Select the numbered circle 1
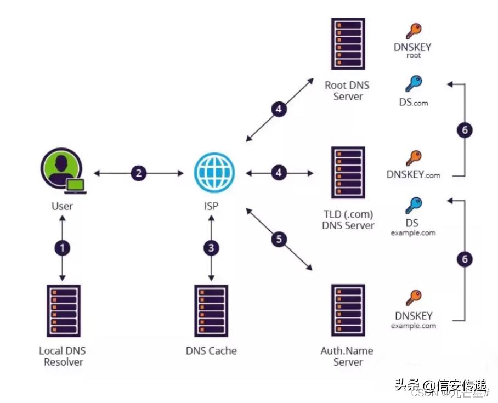pyautogui.click(x=63, y=248)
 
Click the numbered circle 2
pyautogui.click(x=139, y=173)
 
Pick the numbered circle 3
pyautogui.click(x=211, y=248)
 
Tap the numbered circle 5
pyautogui.click(x=280, y=239)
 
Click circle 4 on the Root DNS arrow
pyautogui.click(x=279, y=109)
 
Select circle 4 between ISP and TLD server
pyautogui.click(x=280, y=173)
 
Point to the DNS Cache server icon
pyautogui.click(x=211, y=311)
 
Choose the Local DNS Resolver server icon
pyautogui.click(x=63, y=311)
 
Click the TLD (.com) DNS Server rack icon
pyautogui.click(x=348, y=173)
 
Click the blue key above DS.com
pyautogui.click(x=413, y=84)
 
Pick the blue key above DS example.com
pyautogui.click(x=413, y=206)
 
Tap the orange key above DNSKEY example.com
pyautogui.click(x=413, y=298)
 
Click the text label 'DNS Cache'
pyautogui.click(x=211, y=351)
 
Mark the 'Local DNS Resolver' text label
pyautogui.click(x=63, y=356)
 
